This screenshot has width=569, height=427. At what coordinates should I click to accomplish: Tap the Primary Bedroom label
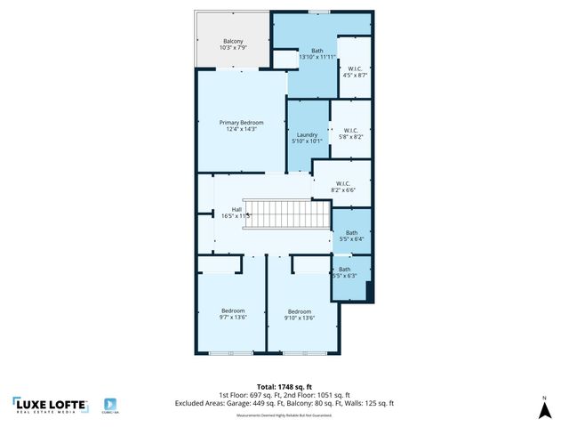pyautogui.click(x=241, y=125)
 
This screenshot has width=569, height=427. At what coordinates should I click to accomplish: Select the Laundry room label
pyautogui.click(x=307, y=137)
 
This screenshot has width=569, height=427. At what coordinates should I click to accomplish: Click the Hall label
pyautogui.click(x=236, y=212)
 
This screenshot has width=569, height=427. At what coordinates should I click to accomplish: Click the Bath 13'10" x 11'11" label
pyautogui.click(x=317, y=53)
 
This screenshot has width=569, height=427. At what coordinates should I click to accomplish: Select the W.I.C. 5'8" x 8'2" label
pyautogui.click(x=351, y=133)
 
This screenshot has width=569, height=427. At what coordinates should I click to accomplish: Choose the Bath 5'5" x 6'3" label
pyautogui.click(x=344, y=272)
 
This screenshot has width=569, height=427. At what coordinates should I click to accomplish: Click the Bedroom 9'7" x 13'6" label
pyautogui.click(x=232, y=314)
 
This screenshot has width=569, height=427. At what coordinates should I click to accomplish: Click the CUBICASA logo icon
pyautogui.click(x=111, y=403)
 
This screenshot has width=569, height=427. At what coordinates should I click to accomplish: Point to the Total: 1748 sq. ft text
pyautogui.click(x=284, y=385)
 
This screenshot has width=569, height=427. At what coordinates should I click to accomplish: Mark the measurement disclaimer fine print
pyautogui.click(x=284, y=415)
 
